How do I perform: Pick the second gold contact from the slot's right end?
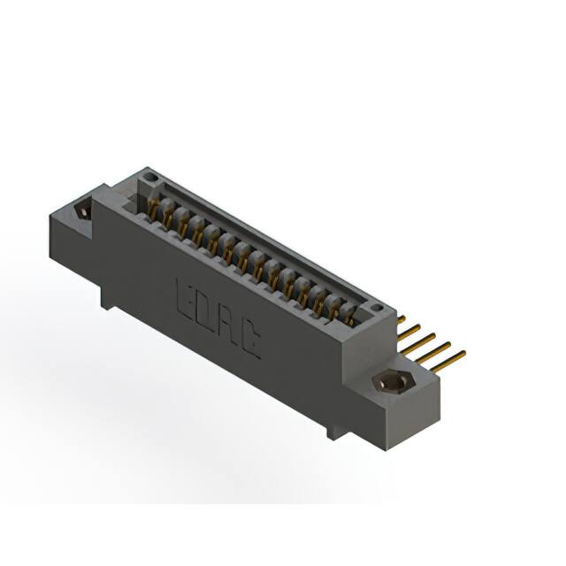pos(336,309)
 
